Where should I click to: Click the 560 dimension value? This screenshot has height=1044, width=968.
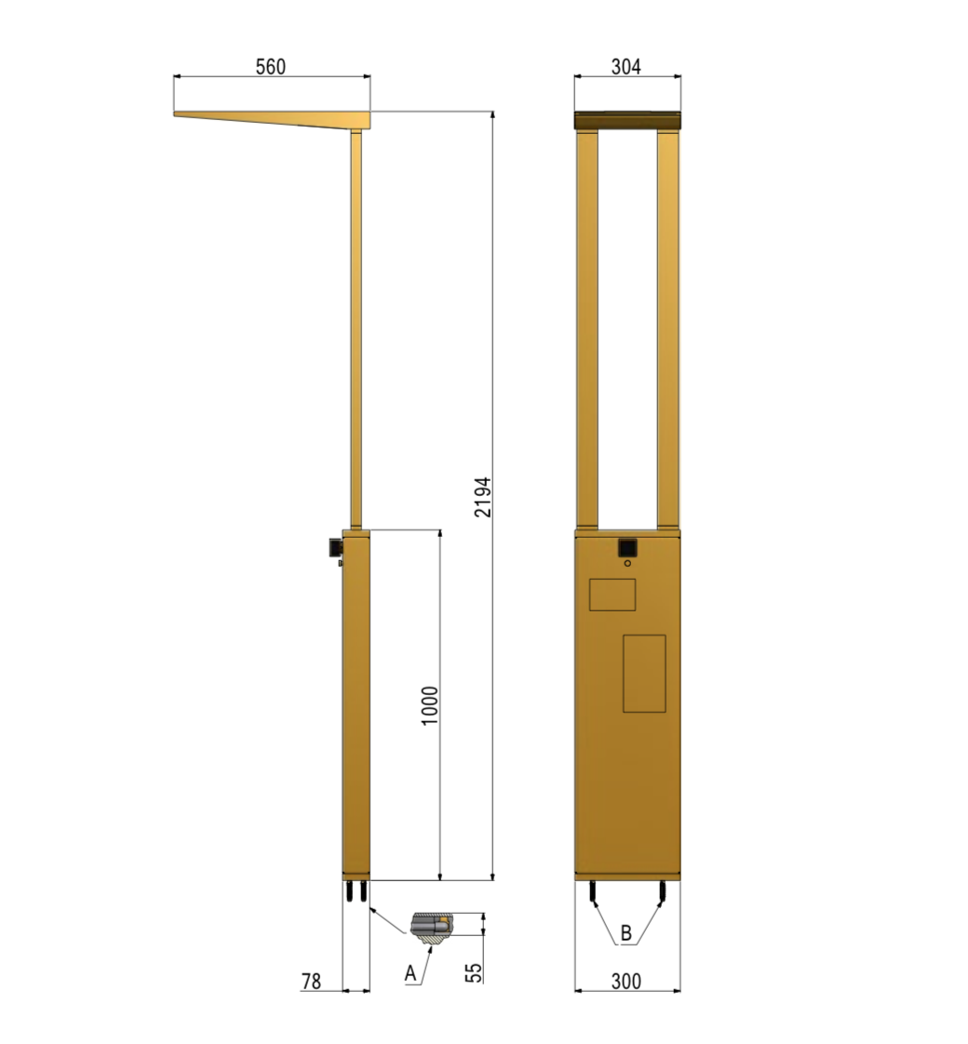pyautogui.click(x=271, y=67)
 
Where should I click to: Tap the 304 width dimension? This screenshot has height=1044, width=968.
pyautogui.click(x=626, y=67)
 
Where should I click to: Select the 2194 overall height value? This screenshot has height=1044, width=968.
pyautogui.click(x=483, y=497)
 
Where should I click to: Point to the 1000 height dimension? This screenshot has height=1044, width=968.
pyautogui.click(x=430, y=705)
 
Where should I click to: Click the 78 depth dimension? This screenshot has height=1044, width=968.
pyautogui.click(x=311, y=981)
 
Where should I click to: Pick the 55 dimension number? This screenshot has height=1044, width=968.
pyautogui.click(x=474, y=972)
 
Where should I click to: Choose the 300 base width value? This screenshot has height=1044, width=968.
pyautogui.click(x=626, y=981)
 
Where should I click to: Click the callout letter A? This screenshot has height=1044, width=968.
pyautogui.click(x=410, y=973)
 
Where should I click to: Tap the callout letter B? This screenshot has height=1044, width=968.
pyautogui.click(x=625, y=933)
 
